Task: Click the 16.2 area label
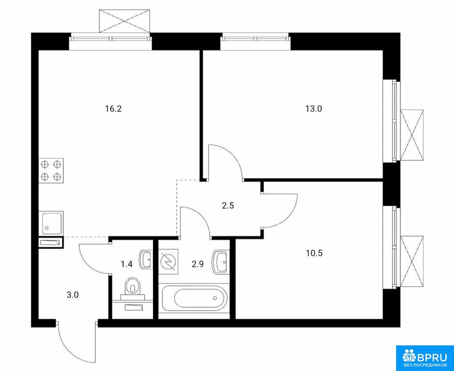click(x=112, y=109)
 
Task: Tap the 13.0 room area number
click(x=313, y=109)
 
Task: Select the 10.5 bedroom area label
click(x=314, y=253)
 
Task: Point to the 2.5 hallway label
click(x=227, y=206)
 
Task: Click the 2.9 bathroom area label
click(x=198, y=264)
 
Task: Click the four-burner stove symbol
click(x=51, y=171)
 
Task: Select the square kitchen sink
click(x=51, y=223)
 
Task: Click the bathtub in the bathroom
click(x=194, y=298)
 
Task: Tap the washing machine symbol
click(x=168, y=260)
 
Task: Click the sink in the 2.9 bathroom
click(x=220, y=262)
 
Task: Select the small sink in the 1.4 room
click(x=146, y=259)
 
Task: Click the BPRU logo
click(x=425, y=358)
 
